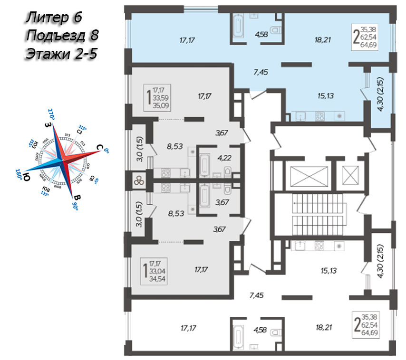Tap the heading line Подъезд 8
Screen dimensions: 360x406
[62, 35]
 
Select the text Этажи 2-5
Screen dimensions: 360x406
[61, 53]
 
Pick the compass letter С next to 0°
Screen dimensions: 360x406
[99, 148]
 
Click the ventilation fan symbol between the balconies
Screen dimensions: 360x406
[139, 180]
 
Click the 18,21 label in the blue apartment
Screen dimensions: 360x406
[321, 40]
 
